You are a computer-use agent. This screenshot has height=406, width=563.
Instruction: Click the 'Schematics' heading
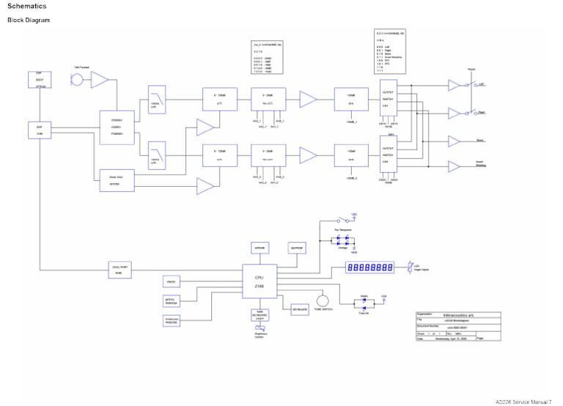pyautogui.click(x=26, y=7)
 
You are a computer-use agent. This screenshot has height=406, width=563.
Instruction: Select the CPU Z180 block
pyautogui.click(x=260, y=281)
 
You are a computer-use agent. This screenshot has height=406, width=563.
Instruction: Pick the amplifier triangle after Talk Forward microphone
pyautogui.click(x=99, y=80)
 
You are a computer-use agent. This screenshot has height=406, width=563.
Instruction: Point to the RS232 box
pyautogui.click(x=172, y=282)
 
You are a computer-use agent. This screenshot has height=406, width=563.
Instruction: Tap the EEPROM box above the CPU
pyautogui.click(x=260, y=248)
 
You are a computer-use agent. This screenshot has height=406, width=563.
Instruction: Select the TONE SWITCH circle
pyautogui.click(x=322, y=300)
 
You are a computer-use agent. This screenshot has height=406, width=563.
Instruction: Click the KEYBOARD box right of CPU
pyautogui.click(x=299, y=310)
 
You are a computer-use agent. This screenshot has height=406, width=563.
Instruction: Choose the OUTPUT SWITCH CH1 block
pyautogui.click(x=390, y=99)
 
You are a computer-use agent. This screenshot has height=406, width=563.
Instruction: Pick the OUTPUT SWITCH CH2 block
pyautogui.click(x=390, y=155)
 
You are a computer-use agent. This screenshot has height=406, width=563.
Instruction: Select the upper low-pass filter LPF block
pyautogui.click(x=155, y=98)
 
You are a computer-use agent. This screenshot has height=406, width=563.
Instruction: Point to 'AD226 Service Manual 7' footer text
pyautogui.click(x=523, y=401)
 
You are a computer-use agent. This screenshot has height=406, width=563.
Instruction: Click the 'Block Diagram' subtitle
pyautogui.click(x=28, y=20)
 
